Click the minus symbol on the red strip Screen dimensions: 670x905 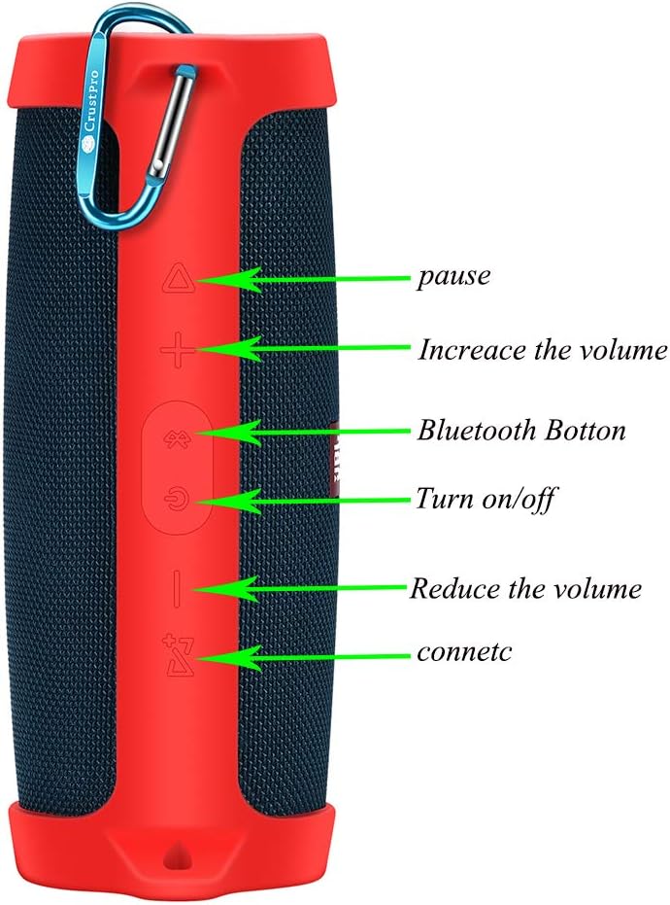pos(177,589)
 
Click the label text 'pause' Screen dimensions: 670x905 pos(453,277)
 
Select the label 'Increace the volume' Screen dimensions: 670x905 pos(543,350)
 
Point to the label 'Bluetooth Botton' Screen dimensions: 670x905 pos(521,430)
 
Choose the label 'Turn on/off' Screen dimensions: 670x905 pos(486,500)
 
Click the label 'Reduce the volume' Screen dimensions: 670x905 pos(525,589)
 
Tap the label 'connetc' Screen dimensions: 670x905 pos(464,652)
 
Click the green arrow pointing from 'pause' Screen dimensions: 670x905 pos(301,280)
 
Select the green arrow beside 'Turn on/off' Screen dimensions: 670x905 pos(301,501)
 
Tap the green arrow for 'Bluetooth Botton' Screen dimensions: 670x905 pos(301,430)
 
